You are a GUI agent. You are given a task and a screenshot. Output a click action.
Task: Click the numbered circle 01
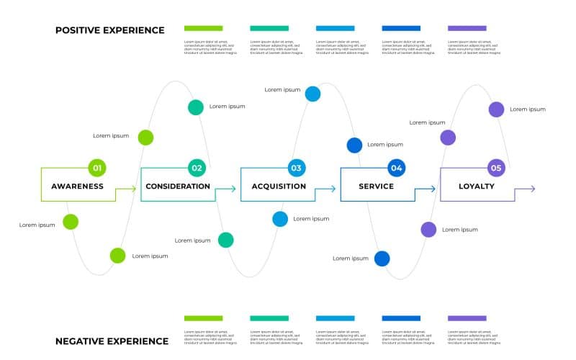click(97, 168)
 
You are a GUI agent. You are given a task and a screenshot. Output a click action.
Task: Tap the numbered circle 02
click(197, 168)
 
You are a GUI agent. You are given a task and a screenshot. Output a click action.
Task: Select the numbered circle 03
click(296, 168)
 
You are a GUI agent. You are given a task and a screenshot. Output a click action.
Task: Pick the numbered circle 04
click(396, 168)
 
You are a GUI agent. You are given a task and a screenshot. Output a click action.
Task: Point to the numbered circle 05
click(496, 168)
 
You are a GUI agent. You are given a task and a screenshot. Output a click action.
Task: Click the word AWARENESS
click(77, 186)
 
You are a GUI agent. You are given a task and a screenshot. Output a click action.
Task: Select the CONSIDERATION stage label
click(178, 186)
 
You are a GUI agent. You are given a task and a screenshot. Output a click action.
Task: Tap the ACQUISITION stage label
click(279, 186)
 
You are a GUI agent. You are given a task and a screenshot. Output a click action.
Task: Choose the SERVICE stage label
click(377, 186)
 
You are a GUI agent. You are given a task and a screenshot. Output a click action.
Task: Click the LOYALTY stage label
click(477, 186)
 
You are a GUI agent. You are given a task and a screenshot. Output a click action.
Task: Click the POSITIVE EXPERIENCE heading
click(110, 30)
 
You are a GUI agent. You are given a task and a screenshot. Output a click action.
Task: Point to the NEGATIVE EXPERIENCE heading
click(112, 341)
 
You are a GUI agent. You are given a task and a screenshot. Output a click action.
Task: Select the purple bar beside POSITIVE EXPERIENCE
click(467, 28)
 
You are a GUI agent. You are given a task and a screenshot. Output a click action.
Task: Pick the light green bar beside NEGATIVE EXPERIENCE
click(203, 318)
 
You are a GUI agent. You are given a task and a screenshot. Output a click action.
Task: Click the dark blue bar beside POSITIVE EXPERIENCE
click(401, 28)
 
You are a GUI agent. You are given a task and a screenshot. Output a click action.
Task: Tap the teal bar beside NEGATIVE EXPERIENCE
click(269, 318)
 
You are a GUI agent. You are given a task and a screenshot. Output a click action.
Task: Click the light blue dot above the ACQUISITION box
click(312, 94)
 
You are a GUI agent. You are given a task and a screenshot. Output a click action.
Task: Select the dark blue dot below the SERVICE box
click(382, 258)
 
